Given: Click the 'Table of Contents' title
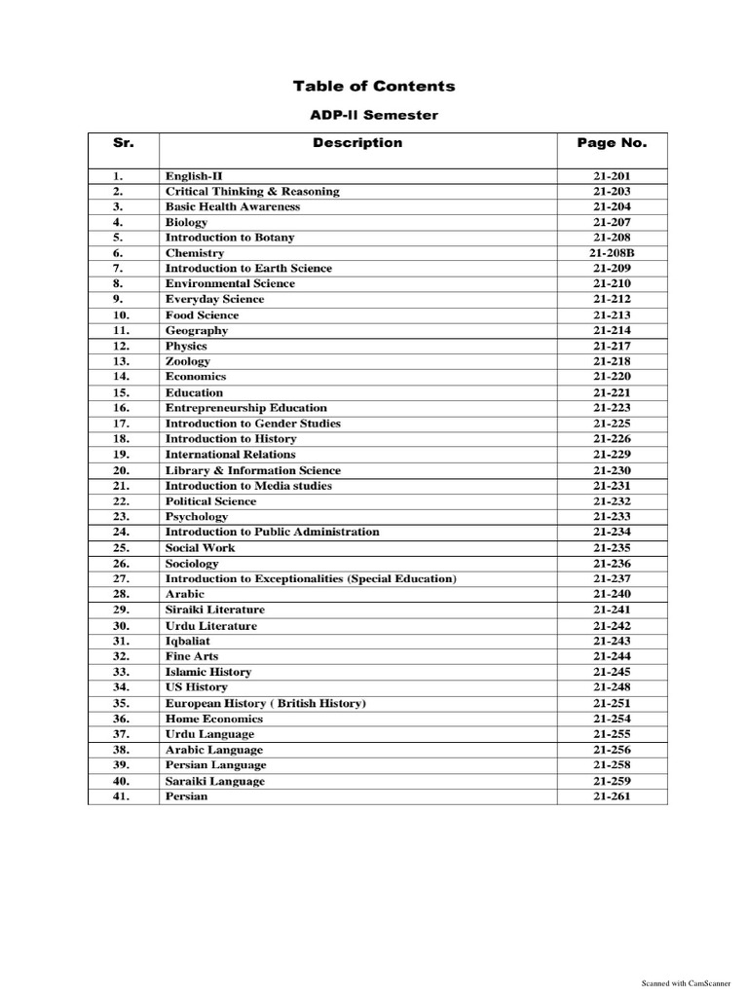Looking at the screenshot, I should click(374, 87).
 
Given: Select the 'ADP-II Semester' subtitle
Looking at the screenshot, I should click(374, 116).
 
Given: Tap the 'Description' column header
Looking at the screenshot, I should click(357, 143).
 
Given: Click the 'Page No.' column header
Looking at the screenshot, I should click(612, 143).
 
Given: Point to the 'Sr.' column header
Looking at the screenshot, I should click(122, 143).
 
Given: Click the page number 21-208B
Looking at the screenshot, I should click(612, 253).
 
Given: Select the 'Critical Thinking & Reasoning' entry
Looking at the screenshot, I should click(252, 192).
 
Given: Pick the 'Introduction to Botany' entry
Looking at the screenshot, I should click(230, 238).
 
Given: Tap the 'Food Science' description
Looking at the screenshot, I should click(202, 315).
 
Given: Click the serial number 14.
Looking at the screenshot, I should click(122, 377).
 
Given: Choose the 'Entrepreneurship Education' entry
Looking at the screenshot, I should click(246, 408).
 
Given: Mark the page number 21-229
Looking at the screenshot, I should click(612, 455).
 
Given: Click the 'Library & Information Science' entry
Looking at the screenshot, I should click(253, 470).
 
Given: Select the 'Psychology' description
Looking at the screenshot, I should click(197, 517).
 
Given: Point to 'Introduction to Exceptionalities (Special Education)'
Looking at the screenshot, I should click(311, 579).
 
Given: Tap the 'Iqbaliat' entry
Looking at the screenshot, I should click(188, 642).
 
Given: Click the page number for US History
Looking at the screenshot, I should click(612, 687).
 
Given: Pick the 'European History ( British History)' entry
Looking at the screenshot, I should click(266, 703).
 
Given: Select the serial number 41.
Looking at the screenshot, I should click(122, 796).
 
